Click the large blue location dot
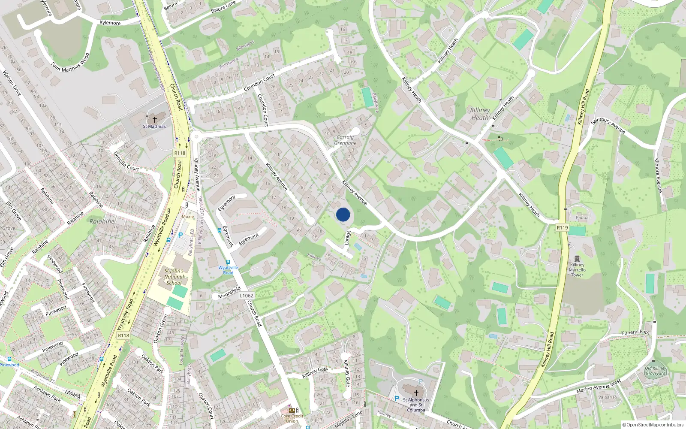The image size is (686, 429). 343,214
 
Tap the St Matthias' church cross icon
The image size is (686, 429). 155,120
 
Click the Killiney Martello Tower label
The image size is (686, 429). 577,270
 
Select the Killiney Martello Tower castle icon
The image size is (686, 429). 577,259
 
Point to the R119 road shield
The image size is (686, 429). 562,227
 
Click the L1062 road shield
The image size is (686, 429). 247,296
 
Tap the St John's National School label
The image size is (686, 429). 174,277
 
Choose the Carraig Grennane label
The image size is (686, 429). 345,140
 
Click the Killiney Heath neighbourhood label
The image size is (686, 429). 480,114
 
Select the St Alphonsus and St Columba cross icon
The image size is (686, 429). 416,393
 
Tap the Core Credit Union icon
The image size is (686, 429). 292,410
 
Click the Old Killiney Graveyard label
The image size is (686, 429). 656,371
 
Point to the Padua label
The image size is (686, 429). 582,218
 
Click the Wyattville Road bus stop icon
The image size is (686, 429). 228,262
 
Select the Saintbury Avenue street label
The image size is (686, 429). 608,126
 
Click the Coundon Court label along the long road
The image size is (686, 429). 259,83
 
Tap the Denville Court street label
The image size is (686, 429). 126,161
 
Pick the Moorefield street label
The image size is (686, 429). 229,293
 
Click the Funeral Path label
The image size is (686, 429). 635,332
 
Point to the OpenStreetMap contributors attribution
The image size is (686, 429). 653,425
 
